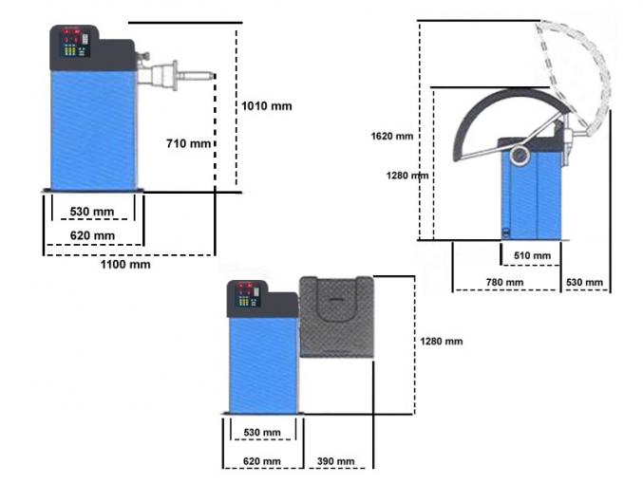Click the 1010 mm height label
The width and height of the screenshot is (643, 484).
[x=269, y=105]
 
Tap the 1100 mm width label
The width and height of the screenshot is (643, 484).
[x=127, y=264]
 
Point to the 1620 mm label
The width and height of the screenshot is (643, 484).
[x=391, y=137]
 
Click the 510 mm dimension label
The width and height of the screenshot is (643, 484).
[x=531, y=256]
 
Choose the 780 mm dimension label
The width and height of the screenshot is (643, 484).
[x=503, y=283]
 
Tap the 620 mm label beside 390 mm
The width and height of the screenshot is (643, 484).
[x=261, y=461]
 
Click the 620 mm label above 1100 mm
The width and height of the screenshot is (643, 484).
[x=92, y=235]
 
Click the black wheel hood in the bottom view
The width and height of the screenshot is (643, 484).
[x=336, y=317]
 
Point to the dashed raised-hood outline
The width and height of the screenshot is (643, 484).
[x=579, y=66]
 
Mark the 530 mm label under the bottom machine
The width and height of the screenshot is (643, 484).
[x=262, y=433]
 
